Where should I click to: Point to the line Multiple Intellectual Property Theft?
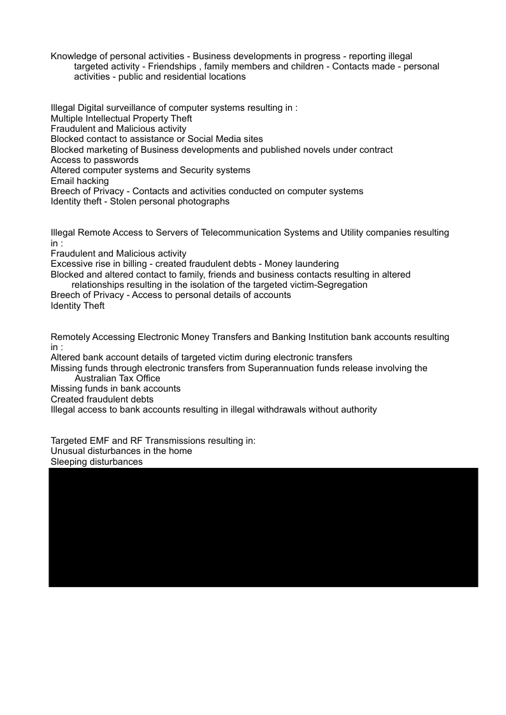click(x=121, y=118)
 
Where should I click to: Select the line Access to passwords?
click(x=94, y=160)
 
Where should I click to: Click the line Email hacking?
click(x=80, y=181)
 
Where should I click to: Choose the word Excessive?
click(x=71, y=264)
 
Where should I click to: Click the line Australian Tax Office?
click(x=117, y=378)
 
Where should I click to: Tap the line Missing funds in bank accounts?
click(x=115, y=388)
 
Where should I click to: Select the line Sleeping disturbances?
click(x=96, y=462)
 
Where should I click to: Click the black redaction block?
click(x=263, y=527)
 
